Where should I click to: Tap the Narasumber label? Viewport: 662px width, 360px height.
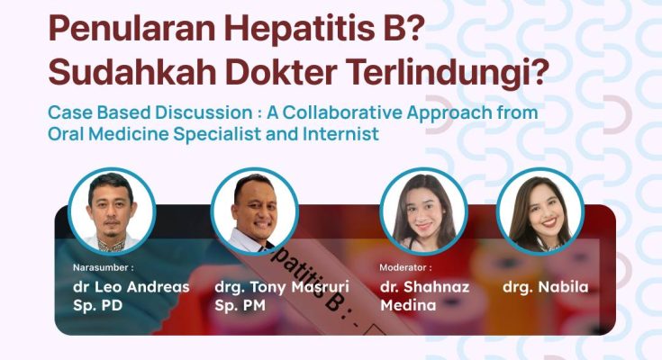pyautogui.click(x=103, y=267)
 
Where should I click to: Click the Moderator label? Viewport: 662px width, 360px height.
pyautogui.click(x=405, y=267)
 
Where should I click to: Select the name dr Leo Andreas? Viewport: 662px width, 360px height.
pyautogui.click(x=131, y=287)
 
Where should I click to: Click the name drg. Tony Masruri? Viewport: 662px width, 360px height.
pyautogui.click(x=282, y=287)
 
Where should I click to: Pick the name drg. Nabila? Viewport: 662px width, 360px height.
pyautogui.click(x=545, y=287)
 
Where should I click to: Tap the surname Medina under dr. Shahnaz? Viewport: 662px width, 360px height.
pyautogui.click(x=408, y=305)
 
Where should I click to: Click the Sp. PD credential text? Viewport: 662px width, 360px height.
pyautogui.click(x=97, y=305)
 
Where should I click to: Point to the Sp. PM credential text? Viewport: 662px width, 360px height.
pyautogui.click(x=240, y=305)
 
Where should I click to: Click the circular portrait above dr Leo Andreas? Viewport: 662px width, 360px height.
pyautogui.click(x=112, y=211)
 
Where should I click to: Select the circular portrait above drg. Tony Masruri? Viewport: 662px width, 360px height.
pyautogui.click(x=254, y=211)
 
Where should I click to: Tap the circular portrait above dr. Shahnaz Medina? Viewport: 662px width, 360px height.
pyautogui.click(x=424, y=211)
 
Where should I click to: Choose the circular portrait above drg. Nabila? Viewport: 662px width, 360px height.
pyautogui.click(x=540, y=211)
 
